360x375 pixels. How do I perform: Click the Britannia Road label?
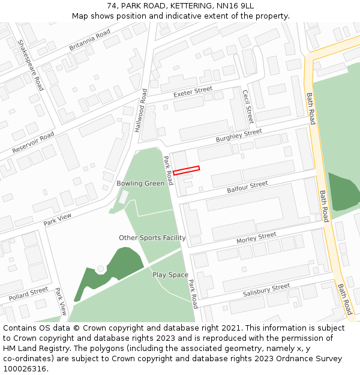coord(90,40)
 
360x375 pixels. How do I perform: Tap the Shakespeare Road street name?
coord(31,65)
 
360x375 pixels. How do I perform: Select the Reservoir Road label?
coord(33,142)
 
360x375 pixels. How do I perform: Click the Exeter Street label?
coord(193,92)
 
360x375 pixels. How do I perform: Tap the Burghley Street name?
coord(239,136)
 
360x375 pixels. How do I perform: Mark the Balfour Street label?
coord(247,187)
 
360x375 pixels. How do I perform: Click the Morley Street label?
coord(256,238)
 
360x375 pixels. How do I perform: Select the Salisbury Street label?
coord(266,290)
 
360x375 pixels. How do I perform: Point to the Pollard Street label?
coord(28,294)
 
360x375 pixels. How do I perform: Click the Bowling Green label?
coord(140,184)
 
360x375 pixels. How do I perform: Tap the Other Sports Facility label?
coord(152,238)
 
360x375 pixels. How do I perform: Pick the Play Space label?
coord(170,275)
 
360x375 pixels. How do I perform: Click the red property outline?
coord(186,170)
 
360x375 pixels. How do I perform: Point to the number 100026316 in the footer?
coord(26,368)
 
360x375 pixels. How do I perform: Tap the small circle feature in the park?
coord(100,269)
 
